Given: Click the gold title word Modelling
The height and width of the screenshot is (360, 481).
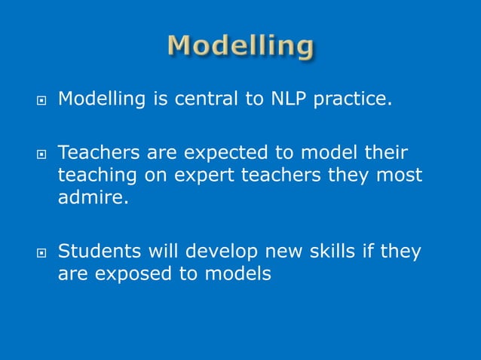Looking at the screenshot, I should pos(240,47).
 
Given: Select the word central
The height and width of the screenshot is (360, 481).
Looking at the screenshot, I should pos(201,99).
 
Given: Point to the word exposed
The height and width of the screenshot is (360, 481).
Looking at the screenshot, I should pos(132,273).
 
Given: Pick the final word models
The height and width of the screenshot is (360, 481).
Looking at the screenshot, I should pos(237,273).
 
